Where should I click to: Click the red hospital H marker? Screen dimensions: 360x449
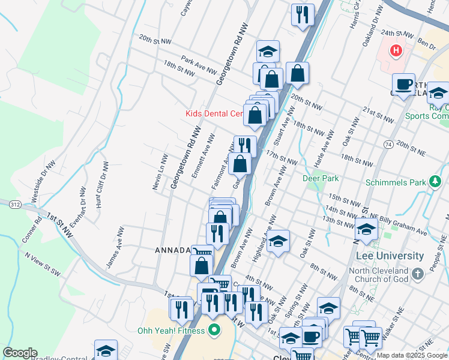click(396, 50)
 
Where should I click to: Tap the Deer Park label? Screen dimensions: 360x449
click(322, 178)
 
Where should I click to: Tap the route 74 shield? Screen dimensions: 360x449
click(389, 145)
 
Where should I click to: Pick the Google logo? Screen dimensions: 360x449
click(20, 353)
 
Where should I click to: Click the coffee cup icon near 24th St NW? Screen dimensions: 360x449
click(403, 83)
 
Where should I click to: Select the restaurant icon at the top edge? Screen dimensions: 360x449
click(303, 14)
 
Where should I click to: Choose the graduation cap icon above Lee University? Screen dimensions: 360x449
click(367, 229)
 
